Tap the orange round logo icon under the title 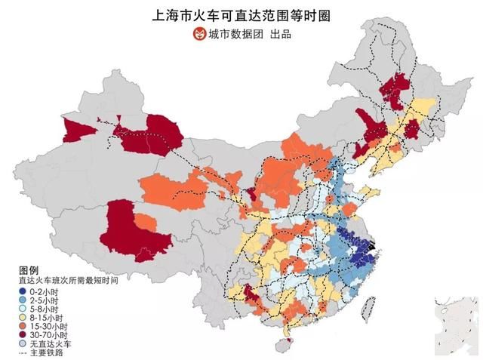pos(198,33)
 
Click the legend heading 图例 pos(28,270)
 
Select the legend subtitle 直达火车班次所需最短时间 pos(69,280)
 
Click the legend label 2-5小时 pos(42,300)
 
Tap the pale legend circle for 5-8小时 pos(23,309)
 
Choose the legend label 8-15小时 pos(44,318)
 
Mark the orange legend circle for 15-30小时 pos(23,326)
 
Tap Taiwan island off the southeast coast pos(369,306)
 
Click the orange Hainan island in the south pos(285,346)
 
